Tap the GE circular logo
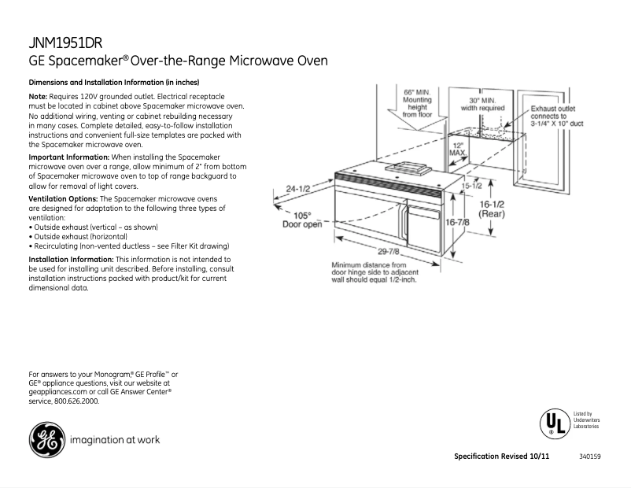tap(46, 440)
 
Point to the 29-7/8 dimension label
tap(386, 252)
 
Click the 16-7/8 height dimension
tap(458, 223)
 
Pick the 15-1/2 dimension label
tap(471, 186)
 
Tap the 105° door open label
tap(302, 220)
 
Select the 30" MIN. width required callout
tap(482, 105)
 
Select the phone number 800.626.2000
tap(77, 401)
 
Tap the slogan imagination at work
tap(116, 440)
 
